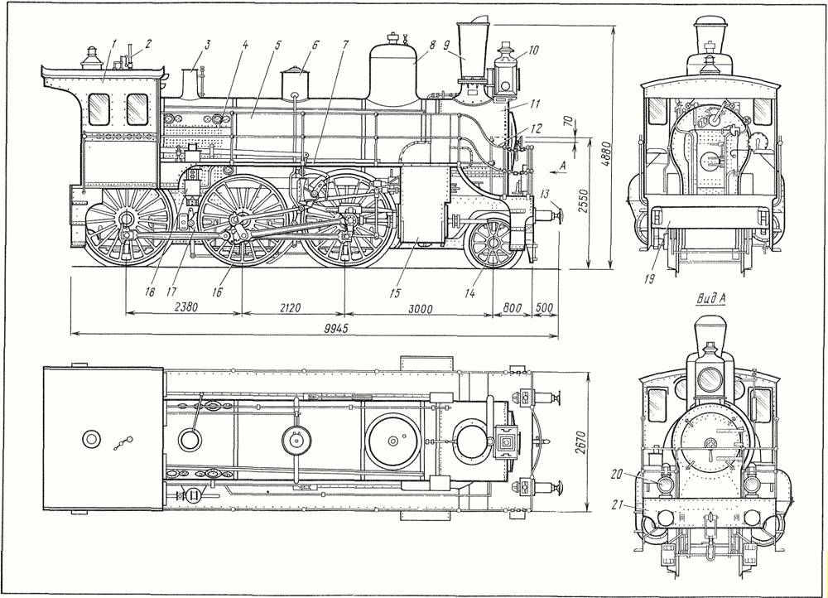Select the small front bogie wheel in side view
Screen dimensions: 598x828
[x=493, y=243]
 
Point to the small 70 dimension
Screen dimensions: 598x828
[x=567, y=122]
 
